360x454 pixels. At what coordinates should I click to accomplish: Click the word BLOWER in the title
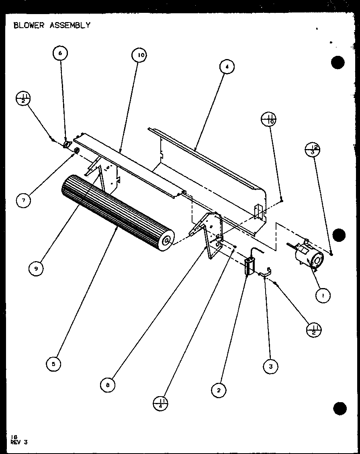coord(29,25)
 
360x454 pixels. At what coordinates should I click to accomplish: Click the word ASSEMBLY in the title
coord(70,25)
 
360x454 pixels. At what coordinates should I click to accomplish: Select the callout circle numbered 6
coord(60,53)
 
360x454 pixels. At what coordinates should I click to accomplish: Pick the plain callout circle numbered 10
coord(139,56)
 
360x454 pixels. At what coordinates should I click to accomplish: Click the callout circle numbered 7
coord(24,200)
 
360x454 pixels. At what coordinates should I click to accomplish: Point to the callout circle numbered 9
coord(36,269)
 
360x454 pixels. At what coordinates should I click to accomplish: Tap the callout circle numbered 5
coord(53,364)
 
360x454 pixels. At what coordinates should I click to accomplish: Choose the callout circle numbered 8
coord(108,385)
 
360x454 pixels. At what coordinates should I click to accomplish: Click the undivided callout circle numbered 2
coord(219,390)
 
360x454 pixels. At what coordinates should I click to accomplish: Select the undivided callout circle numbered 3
coord(271,366)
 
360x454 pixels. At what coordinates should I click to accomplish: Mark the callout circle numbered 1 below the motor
coord(323,296)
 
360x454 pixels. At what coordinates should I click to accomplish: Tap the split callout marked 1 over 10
coord(269,119)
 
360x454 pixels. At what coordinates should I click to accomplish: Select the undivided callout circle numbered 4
coord(227,67)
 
